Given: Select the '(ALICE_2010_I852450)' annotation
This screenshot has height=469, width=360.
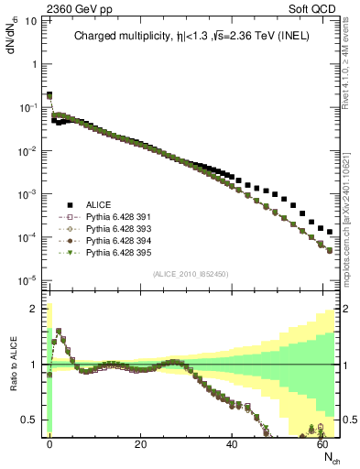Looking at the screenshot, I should pos(191,274).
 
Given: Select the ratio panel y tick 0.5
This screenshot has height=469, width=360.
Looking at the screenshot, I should pos(33,420).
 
